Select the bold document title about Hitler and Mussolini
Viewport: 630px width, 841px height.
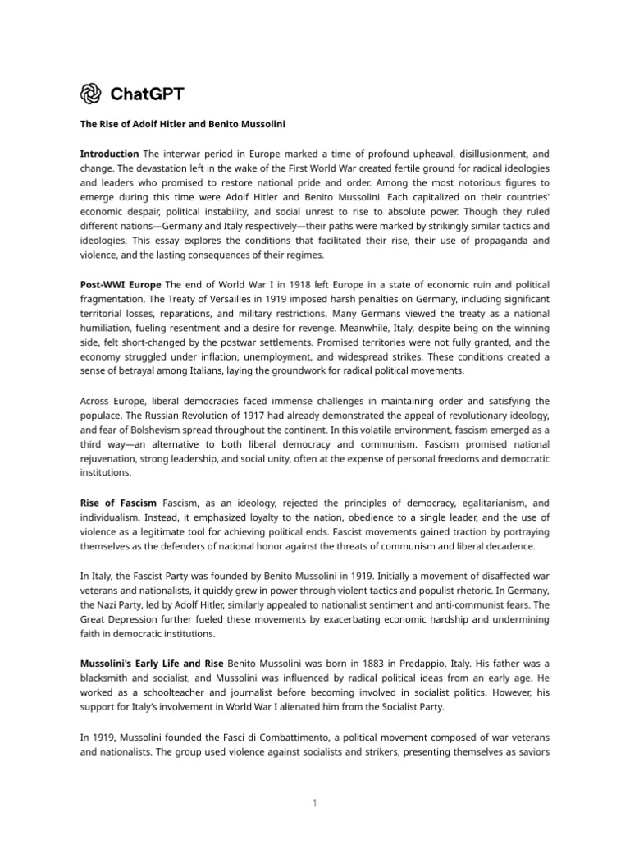coord(182,123)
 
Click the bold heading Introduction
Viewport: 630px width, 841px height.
coord(109,154)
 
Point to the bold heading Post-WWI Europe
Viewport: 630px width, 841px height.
coord(120,284)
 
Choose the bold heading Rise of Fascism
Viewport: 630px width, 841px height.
coord(118,502)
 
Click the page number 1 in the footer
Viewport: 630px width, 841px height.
coord(314,802)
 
